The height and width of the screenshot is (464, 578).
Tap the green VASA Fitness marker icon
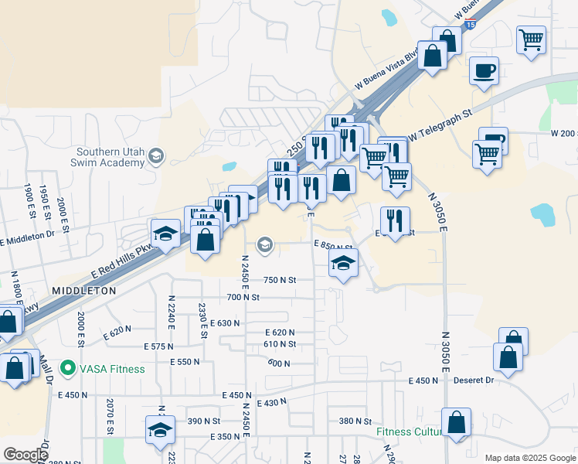68,368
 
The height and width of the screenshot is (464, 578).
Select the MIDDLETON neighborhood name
83,291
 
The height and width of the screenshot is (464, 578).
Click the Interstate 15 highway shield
471,24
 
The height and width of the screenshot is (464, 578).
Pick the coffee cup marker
484,72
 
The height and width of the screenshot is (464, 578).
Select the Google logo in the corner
25,455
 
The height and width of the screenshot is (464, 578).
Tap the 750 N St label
280,280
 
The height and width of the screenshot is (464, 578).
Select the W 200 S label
564,134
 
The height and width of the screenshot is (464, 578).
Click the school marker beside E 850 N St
343,262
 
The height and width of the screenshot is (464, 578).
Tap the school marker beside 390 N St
160,430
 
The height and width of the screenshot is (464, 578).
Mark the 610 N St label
280,344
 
